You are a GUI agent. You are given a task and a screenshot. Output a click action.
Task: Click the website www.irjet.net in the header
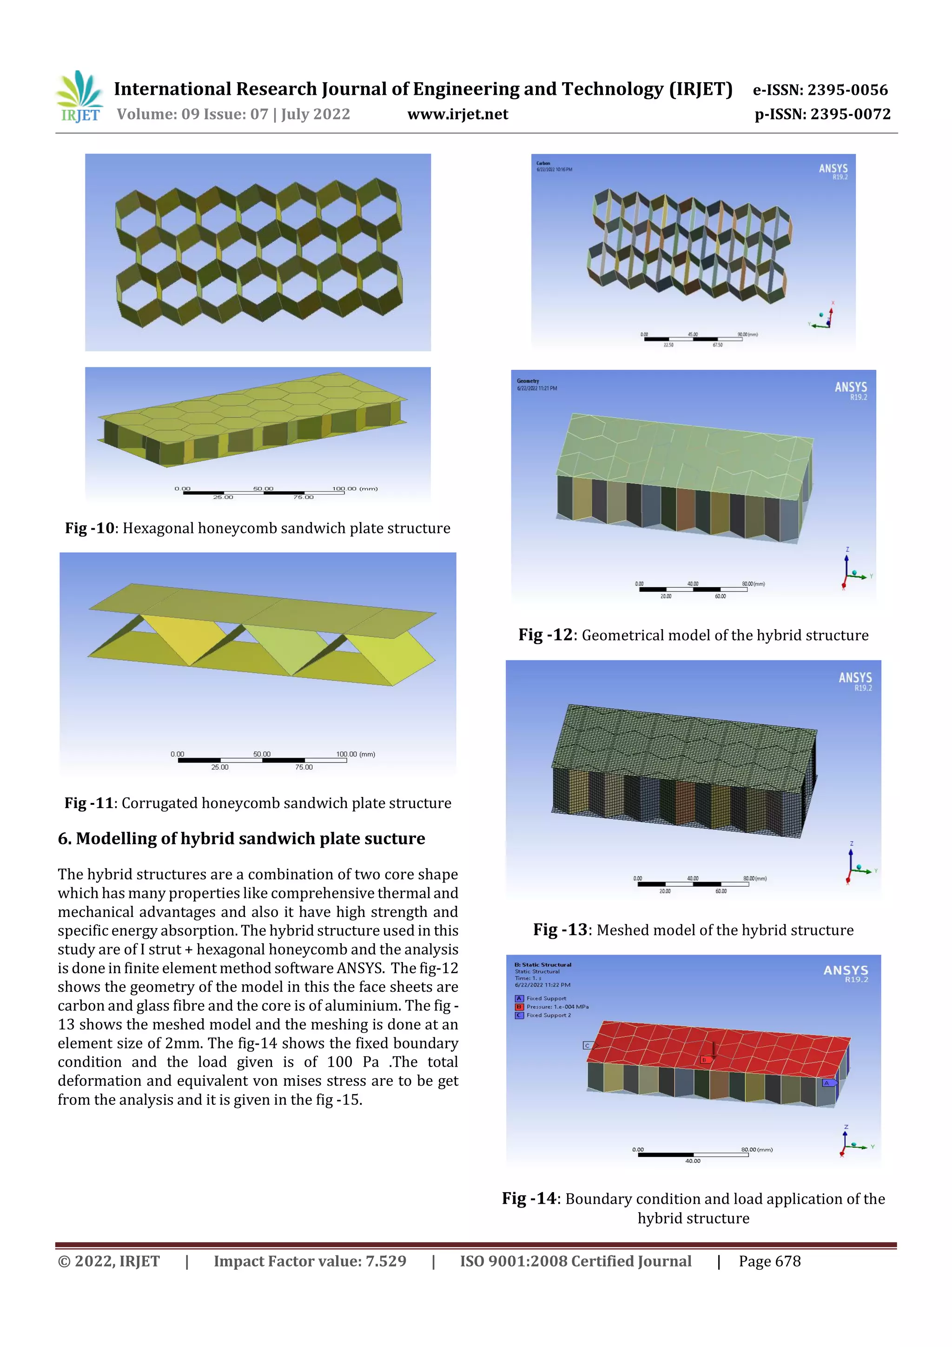(x=457, y=114)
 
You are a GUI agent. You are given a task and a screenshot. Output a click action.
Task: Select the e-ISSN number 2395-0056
(x=847, y=90)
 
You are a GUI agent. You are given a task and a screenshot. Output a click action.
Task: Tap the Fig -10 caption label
(x=90, y=528)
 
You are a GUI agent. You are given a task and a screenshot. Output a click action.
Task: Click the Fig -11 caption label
(x=89, y=803)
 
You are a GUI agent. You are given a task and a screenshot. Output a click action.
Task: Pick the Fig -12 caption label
(x=545, y=635)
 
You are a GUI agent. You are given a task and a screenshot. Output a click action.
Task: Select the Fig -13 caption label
(x=560, y=929)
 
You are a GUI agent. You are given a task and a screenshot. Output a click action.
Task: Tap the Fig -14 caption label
(x=529, y=1198)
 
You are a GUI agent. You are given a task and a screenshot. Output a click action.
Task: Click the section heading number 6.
(x=65, y=838)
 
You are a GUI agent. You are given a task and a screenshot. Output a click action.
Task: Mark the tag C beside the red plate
(x=587, y=1045)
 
